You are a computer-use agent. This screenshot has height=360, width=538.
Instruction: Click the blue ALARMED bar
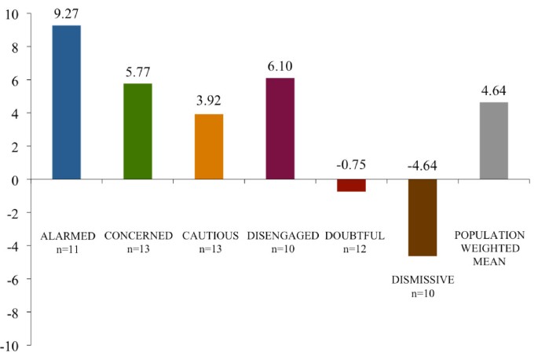66,102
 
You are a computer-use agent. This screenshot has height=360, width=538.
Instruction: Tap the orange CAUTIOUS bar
209,147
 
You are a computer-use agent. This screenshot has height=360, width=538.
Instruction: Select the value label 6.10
280,68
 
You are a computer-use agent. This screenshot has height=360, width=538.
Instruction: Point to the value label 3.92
209,102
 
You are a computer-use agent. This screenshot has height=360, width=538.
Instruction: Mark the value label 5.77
137,72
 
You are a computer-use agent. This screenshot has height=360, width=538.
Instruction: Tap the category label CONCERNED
137,235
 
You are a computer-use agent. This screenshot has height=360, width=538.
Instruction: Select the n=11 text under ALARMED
66,249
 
